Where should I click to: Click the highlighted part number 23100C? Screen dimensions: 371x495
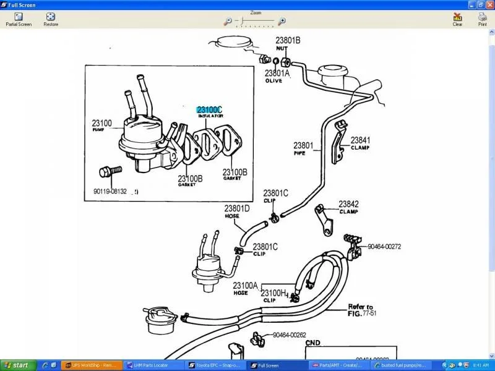(x=209, y=109)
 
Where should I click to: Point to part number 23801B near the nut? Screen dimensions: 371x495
(x=288, y=41)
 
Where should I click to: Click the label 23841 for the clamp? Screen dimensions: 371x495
(x=360, y=140)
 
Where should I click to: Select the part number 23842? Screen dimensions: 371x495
(x=348, y=204)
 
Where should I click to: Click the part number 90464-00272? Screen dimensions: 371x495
(x=384, y=247)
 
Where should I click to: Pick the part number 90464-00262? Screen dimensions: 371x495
(x=290, y=336)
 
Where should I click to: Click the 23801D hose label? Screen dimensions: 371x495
(x=237, y=208)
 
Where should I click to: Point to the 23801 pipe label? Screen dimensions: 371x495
(x=303, y=147)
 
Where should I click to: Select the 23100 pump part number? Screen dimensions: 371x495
(x=102, y=123)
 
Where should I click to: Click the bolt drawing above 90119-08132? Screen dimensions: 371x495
(x=110, y=170)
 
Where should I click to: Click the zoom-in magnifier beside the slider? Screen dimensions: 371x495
(x=282, y=21)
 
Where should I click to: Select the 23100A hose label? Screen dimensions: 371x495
(x=246, y=285)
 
